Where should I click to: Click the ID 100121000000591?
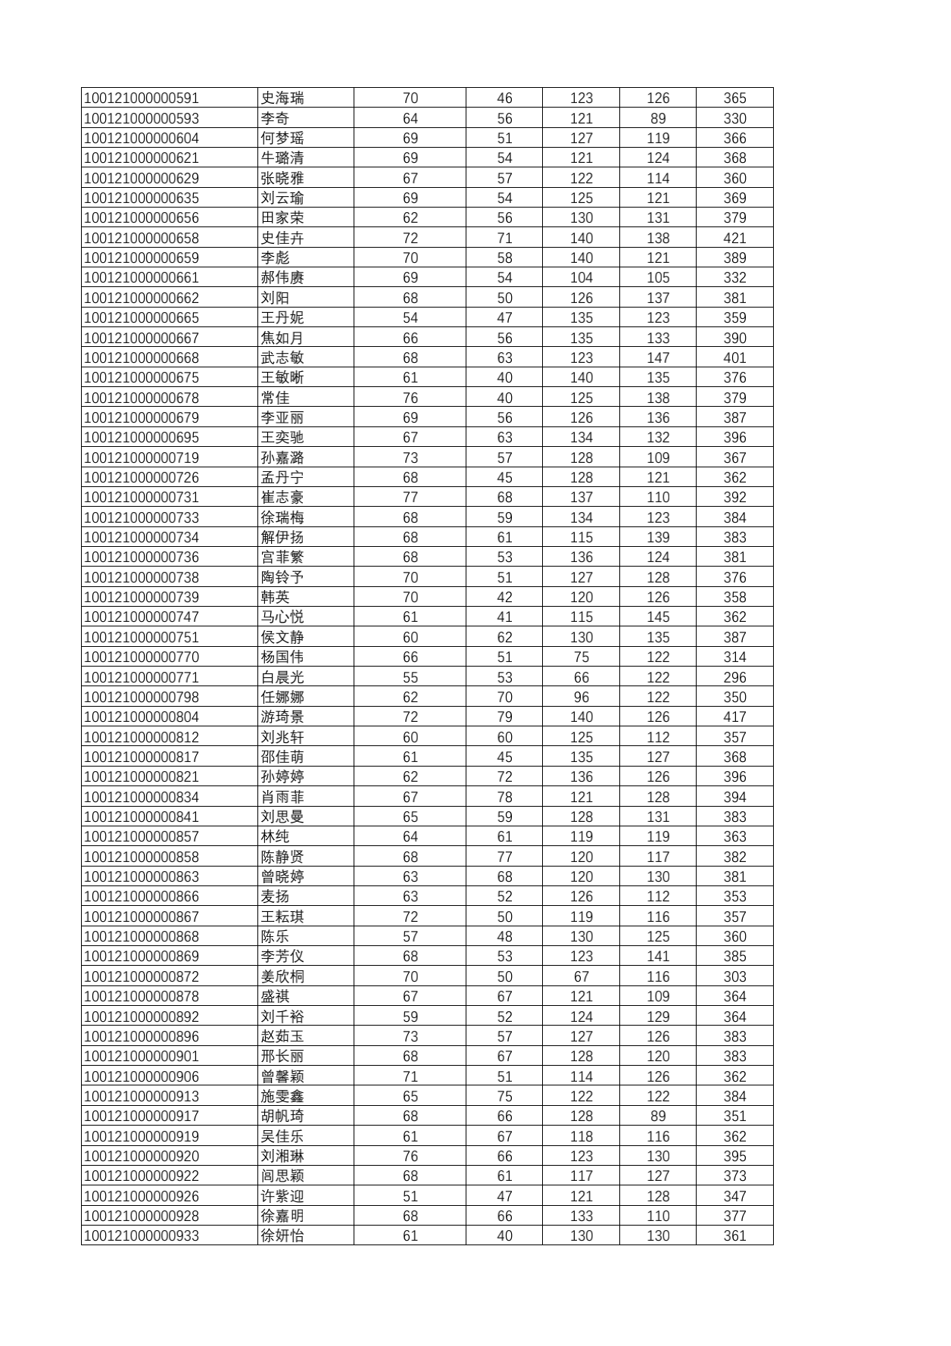click(142, 98)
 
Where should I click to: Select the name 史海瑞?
click(282, 98)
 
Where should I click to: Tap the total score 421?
click(734, 238)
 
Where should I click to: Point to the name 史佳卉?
click(282, 238)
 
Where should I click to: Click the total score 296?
click(734, 677)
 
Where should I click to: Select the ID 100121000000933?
click(142, 1235)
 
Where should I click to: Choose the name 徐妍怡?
click(282, 1235)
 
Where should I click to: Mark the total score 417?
click(734, 717)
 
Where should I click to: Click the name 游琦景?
click(282, 717)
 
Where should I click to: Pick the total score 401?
click(734, 358)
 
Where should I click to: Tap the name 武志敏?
click(282, 358)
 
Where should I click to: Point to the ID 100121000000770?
click(142, 657)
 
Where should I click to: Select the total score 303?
click(734, 976)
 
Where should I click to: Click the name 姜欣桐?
click(282, 976)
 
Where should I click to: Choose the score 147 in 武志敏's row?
click(658, 358)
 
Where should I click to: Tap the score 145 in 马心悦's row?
click(658, 617)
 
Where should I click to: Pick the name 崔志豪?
click(282, 497)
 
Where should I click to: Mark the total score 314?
click(734, 657)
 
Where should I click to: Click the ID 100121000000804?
click(142, 717)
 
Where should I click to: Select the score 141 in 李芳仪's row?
click(658, 956)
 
